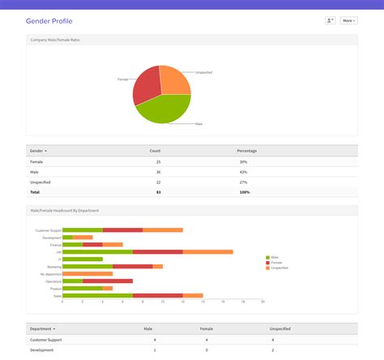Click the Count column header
click(155, 151)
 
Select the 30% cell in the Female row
click(243, 161)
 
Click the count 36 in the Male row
click(157, 172)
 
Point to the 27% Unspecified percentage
click(243, 182)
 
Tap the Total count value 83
click(157, 192)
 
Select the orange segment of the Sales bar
click(193, 295)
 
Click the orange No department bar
click(87, 273)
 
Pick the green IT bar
click(83, 259)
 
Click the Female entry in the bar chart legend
click(276, 263)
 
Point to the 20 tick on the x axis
click(262, 302)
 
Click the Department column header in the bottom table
click(41, 329)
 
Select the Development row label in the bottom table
click(42, 349)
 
